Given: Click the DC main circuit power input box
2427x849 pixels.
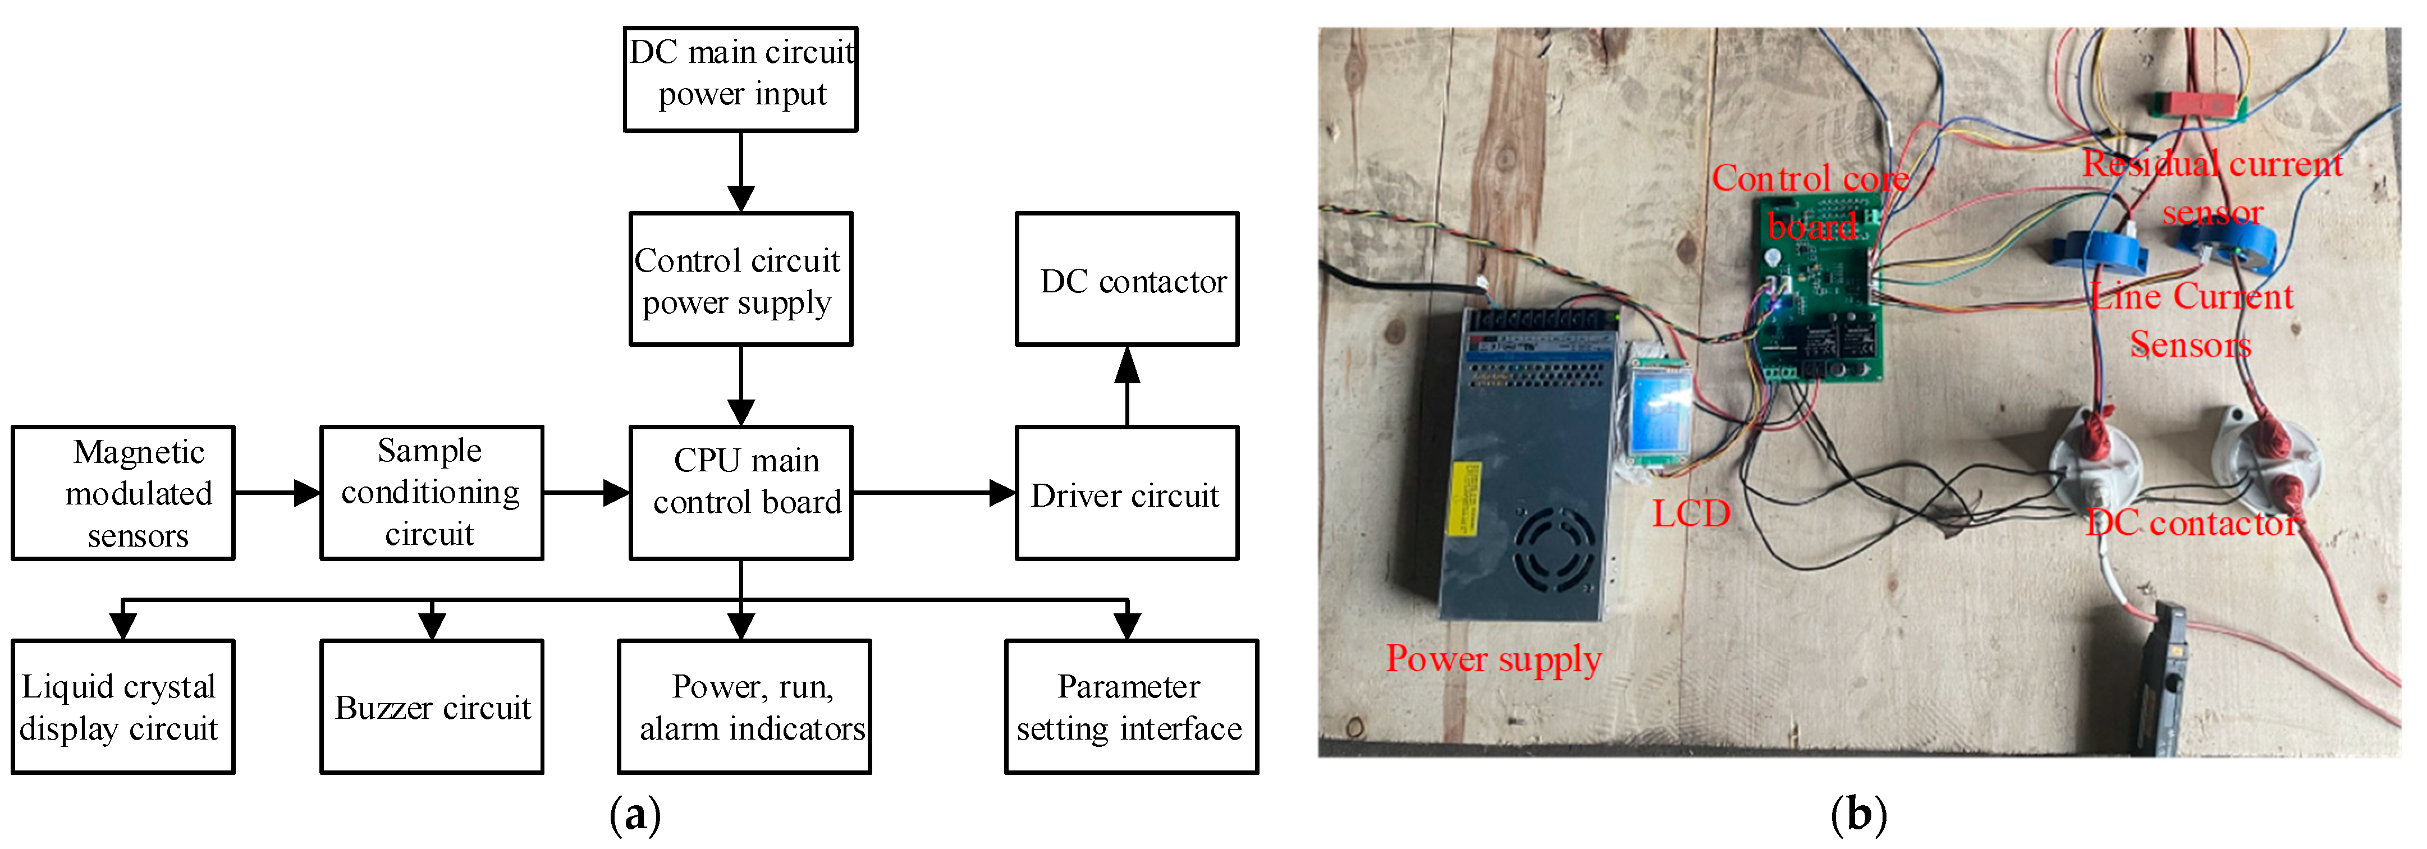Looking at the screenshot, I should click(x=740, y=79).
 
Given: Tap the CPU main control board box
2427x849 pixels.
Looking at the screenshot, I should click(x=740, y=492).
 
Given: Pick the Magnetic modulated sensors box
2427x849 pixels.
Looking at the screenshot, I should click(x=123, y=492).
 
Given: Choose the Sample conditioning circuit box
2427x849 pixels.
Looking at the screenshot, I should click(x=432, y=492).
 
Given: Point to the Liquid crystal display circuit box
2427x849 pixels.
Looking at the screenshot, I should click(x=123, y=706).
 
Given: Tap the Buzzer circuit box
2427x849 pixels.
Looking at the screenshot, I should click(x=432, y=706).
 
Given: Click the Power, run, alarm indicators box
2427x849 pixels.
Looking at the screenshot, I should click(x=744, y=706).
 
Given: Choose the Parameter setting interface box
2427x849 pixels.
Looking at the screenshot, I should click(x=1130, y=706).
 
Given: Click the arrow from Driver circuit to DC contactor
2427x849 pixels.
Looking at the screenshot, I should click(x=1127, y=386).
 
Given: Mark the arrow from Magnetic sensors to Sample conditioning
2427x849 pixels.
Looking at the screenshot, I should click(x=277, y=492).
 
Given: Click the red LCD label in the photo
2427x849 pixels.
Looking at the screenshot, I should click(x=1691, y=513).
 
